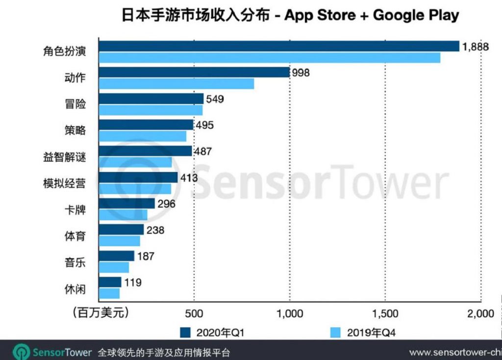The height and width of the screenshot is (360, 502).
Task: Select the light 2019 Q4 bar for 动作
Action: [x=176, y=84]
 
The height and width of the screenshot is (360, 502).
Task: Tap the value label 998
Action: [x=301, y=72]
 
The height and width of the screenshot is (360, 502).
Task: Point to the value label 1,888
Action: [x=474, y=47]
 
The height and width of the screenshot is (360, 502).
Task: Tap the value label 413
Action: [x=188, y=177]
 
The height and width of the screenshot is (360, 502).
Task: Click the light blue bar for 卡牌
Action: [x=123, y=215]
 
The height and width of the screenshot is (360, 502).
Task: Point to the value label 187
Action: [x=146, y=256]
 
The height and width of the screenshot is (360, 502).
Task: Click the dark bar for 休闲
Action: [x=110, y=282]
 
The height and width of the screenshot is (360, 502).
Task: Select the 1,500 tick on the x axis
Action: [x=385, y=313]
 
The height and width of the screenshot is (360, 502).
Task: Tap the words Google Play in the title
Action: [x=416, y=15]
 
